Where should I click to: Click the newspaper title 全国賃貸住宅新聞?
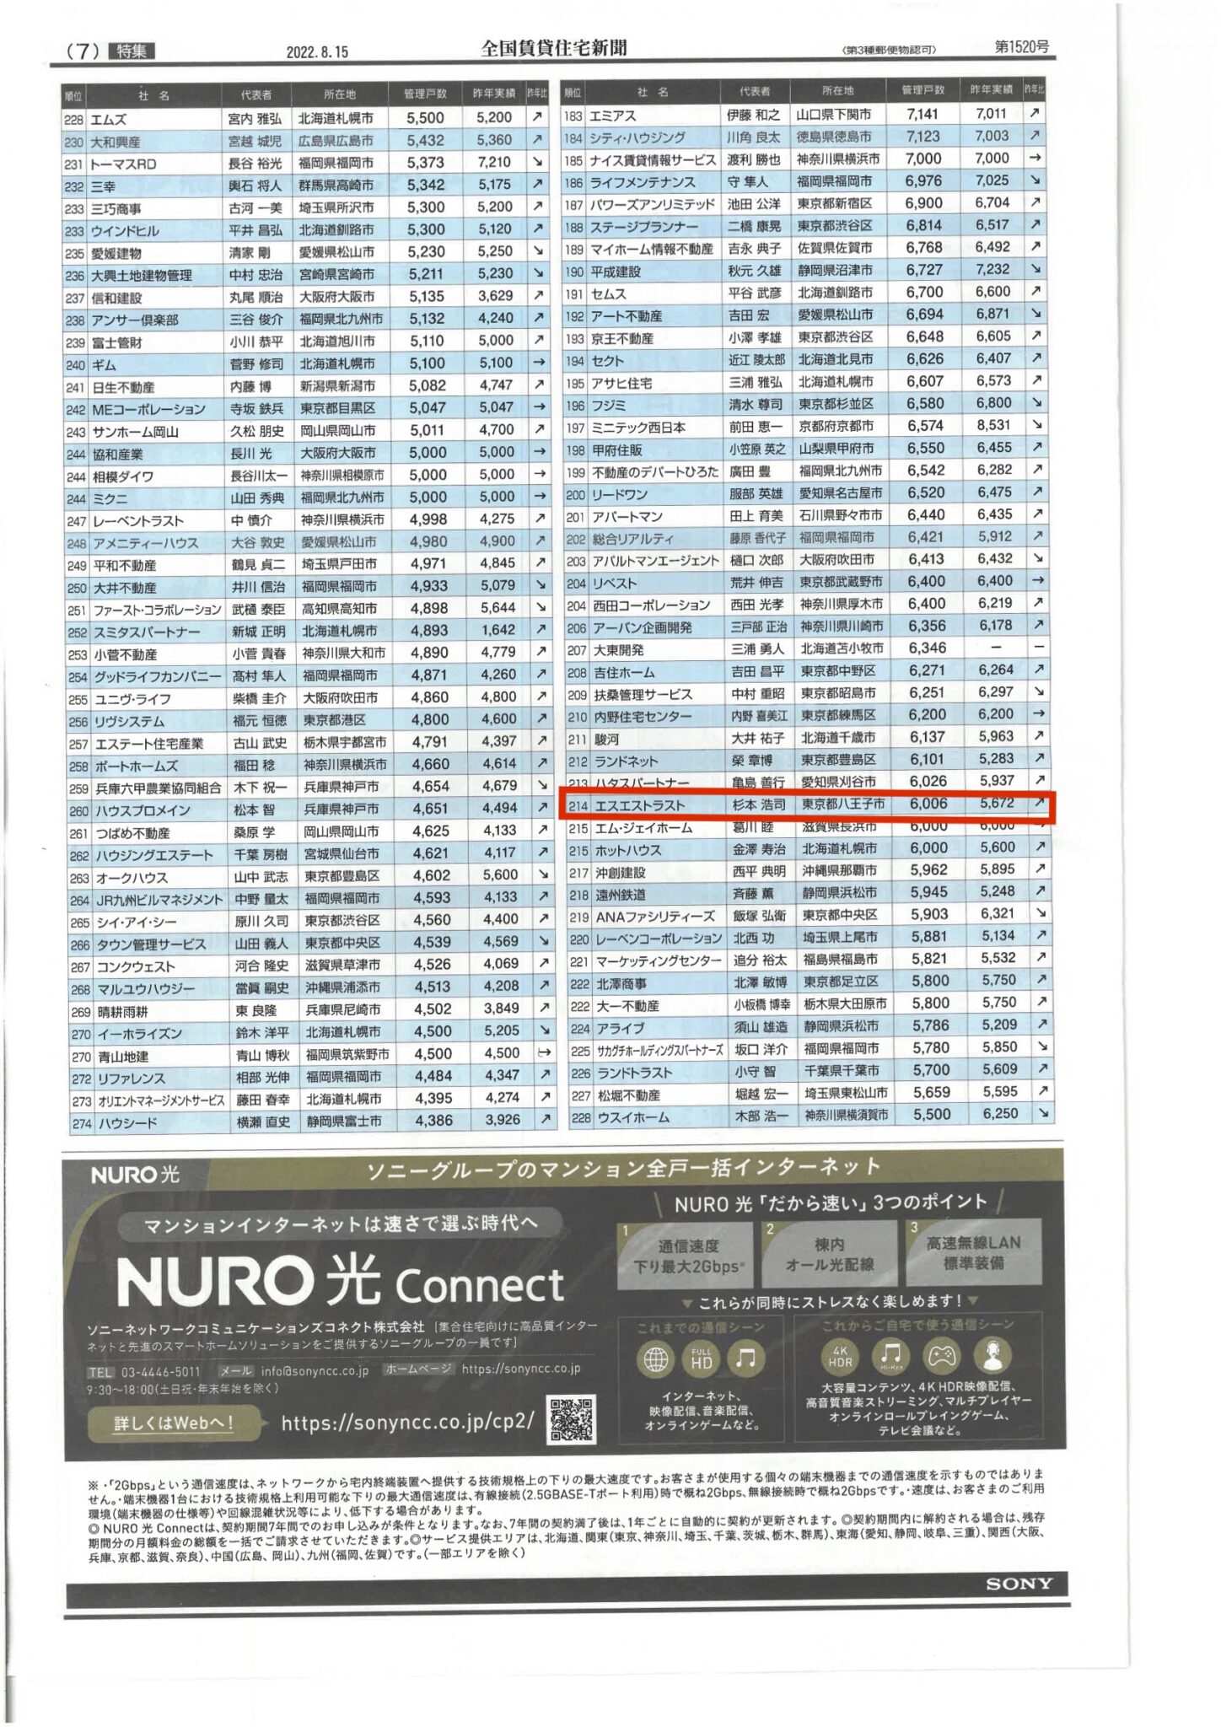tap(553, 48)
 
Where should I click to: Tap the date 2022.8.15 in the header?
tap(317, 52)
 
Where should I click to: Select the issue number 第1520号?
tap(1021, 46)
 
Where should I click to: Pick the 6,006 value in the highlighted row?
tap(928, 804)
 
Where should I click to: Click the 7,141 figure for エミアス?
tap(922, 114)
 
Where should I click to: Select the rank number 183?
tap(573, 116)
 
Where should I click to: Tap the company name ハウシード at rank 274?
tap(126, 1123)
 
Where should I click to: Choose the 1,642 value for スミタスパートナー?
tap(498, 630)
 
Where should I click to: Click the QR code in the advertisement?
tap(572, 1419)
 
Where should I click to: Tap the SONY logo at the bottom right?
tap(1019, 1584)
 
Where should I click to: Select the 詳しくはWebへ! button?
tap(174, 1423)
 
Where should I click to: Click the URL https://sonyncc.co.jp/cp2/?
tap(407, 1423)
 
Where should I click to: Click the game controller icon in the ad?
tap(942, 1355)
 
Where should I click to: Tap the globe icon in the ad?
tap(656, 1358)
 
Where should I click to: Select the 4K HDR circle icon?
tap(840, 1355)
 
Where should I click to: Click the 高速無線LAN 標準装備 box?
tap(973, 1252)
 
